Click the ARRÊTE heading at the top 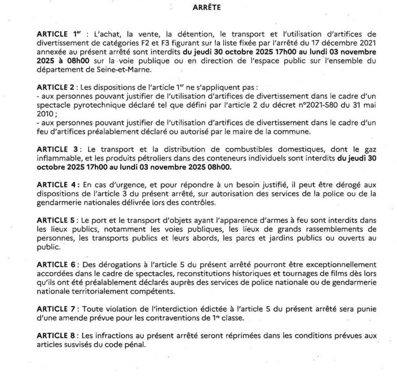coord(207,7)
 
